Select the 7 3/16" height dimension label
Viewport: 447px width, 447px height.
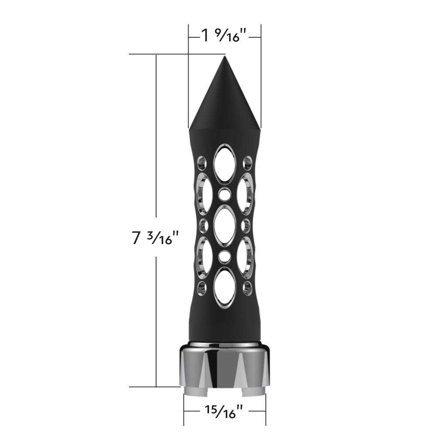[x=155, y=239]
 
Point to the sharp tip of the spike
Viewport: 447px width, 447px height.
[x=225, y=57]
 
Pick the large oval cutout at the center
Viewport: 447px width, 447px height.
[x=225, y=226]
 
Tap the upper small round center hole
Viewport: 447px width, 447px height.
[x=225, y=195]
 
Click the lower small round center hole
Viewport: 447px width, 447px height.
[x=225, y=257]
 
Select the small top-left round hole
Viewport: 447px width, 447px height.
[x=202, y=163]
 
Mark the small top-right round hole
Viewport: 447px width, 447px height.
[x=248, y=163]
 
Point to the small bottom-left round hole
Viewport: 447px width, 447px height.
[x=202, y=288]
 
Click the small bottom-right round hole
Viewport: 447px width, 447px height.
[x=248, y=288]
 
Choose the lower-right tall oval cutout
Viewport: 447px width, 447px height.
[x=246, y=257]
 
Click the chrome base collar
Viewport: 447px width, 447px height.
[x=225, y=365]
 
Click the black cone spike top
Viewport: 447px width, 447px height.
[x=225, y=100]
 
